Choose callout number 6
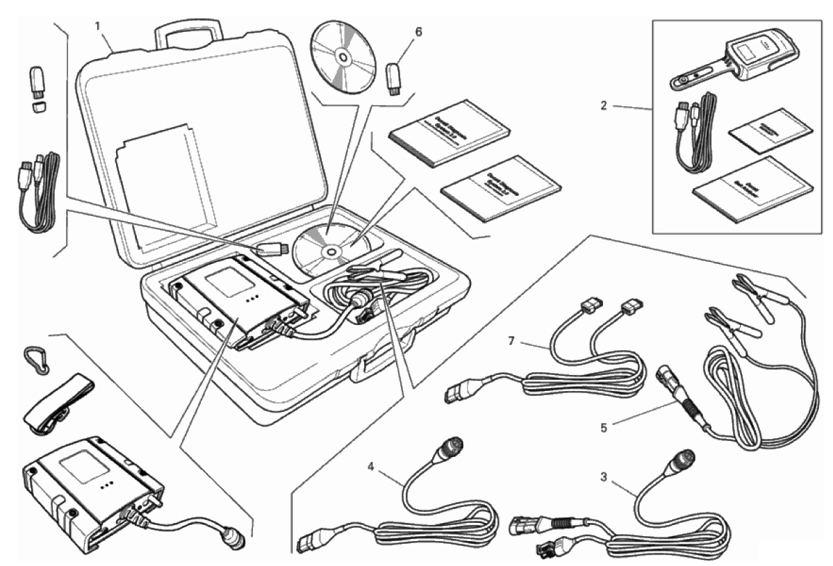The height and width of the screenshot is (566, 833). pyautogui.click(x=418, y=32)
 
